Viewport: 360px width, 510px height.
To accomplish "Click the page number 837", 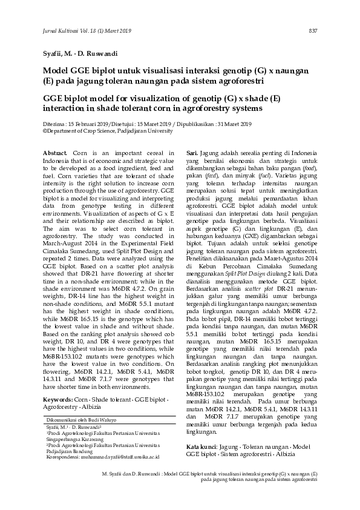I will (x=313, y=31).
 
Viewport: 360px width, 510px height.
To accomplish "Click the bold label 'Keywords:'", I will (x=59, y=400).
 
